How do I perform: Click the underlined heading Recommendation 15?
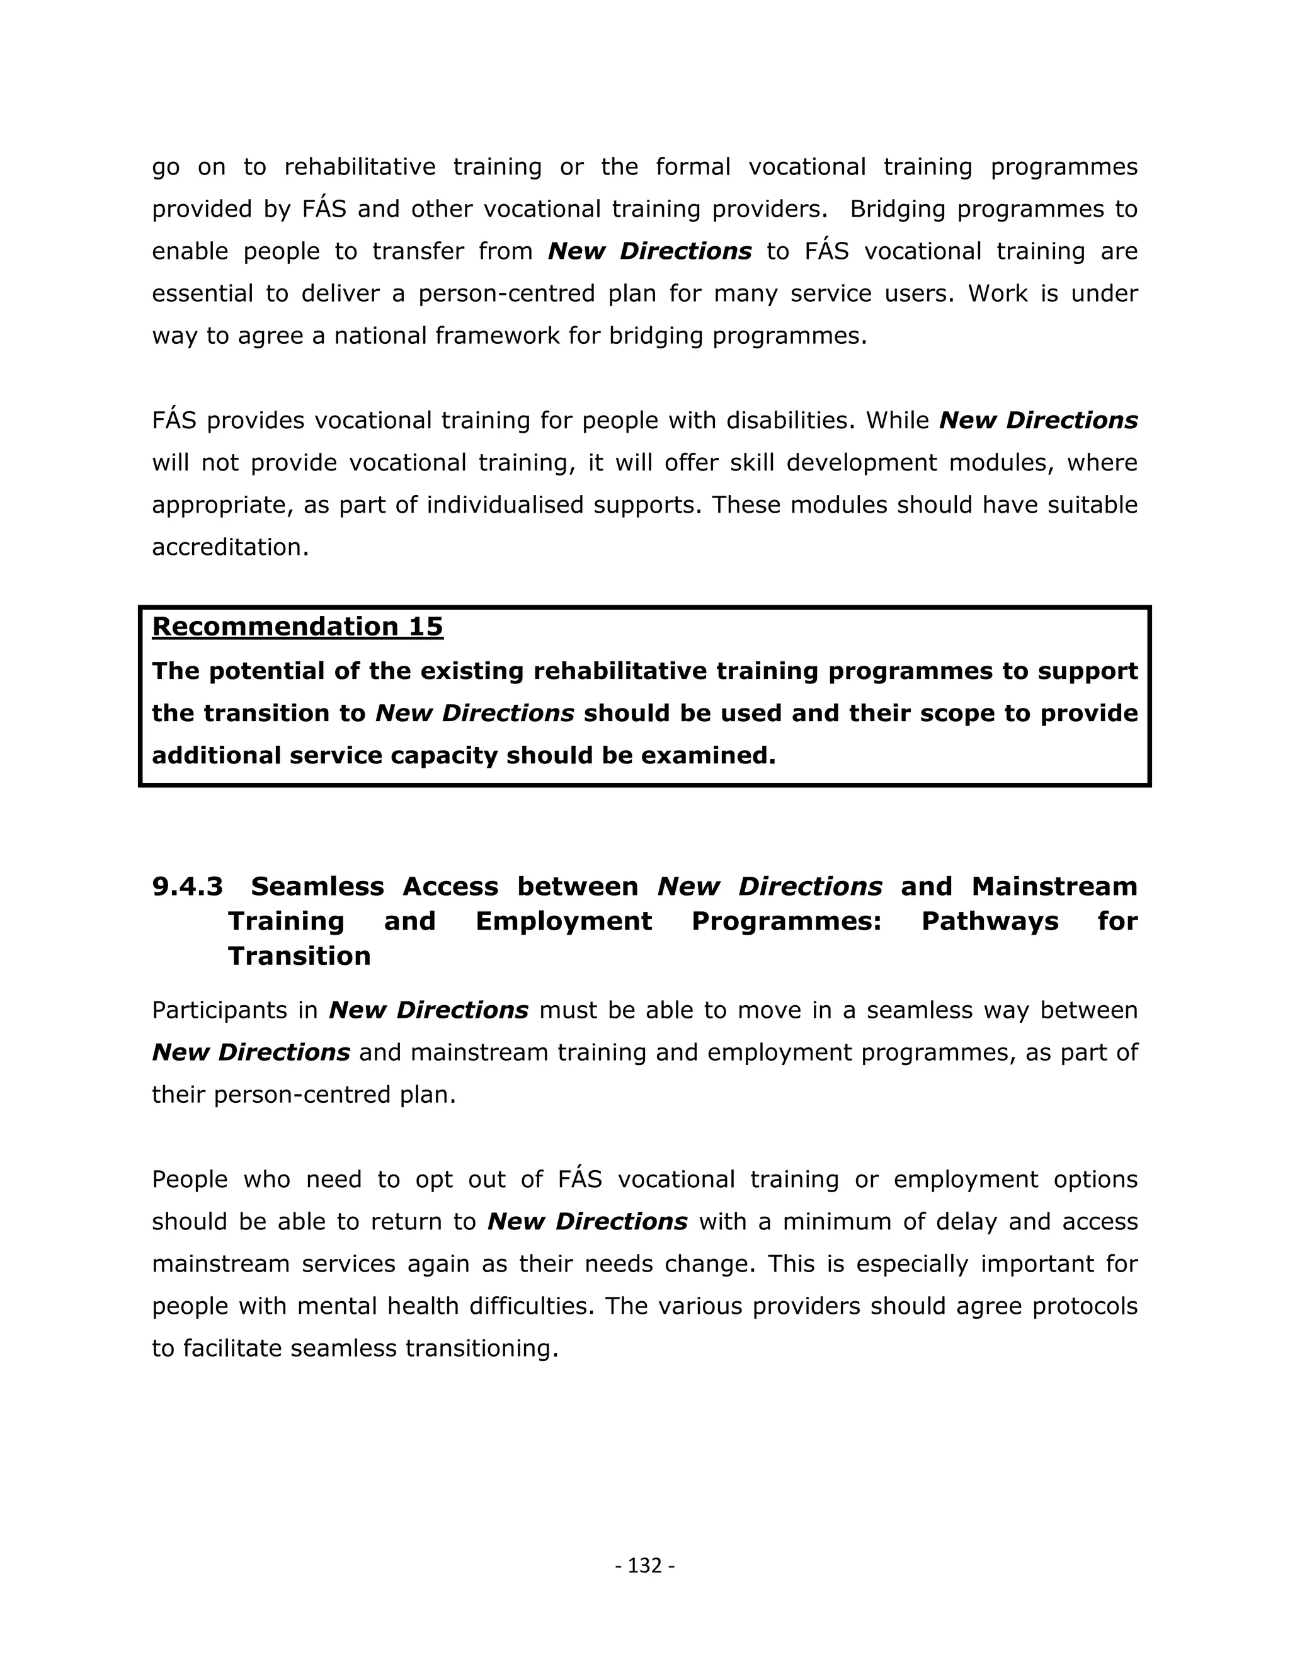[297, 627]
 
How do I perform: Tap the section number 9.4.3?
[187, 887]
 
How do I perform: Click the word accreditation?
[229, 547]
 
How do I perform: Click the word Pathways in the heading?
[990, 921]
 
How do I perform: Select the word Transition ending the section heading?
[299, 956]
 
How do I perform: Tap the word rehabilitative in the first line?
[359, 168]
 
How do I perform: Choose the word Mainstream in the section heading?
[1054, 887]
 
